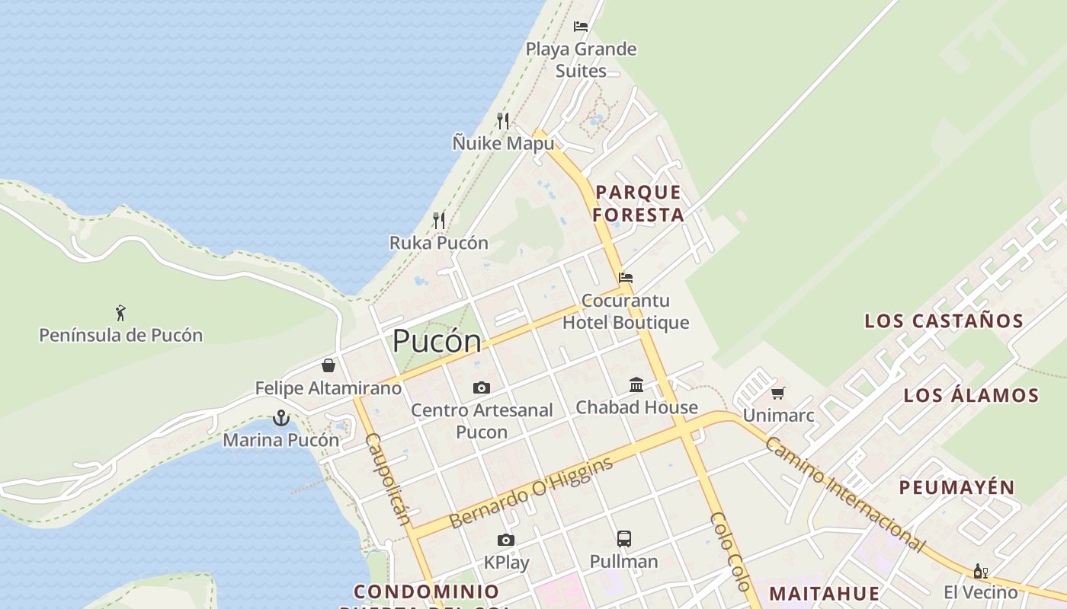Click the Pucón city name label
pyautogui.click(x=437, y=342)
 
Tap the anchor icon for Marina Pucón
pyautogui.click(x=281, y=418)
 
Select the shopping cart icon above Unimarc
pyautogui.click(x=777, y=394)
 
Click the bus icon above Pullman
pyautogui.click(x=623, y=539)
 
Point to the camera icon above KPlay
pyautogui.click(x=505, y=540)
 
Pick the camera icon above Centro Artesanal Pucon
pyautogui.click(x=481, y=388)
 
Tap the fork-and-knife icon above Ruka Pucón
pyautogui.click(x=439, y=221)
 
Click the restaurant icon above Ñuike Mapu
pyautogui.click(x=503, y=121)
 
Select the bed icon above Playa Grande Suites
pyautogui.click(x=581, y=27)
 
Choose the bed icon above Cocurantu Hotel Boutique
pyautogui.click(x=626, y=278)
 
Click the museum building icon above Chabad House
pyautogui.click(x=636, y=385)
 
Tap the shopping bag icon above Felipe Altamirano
pyautogui.click(x=328, y=365)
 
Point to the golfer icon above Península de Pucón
pyautogui.click(x=120, y=312)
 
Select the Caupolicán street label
pyautogui.click(x=389, y=480)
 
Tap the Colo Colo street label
pyautogui.click(x=730, y=552)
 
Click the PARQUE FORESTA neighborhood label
pyautogui.click(x=638, y=203)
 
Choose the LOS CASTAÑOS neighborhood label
pyautogui.click(x=944, y=321)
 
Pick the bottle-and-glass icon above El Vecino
pyautogui.click(x=980, y=571)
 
